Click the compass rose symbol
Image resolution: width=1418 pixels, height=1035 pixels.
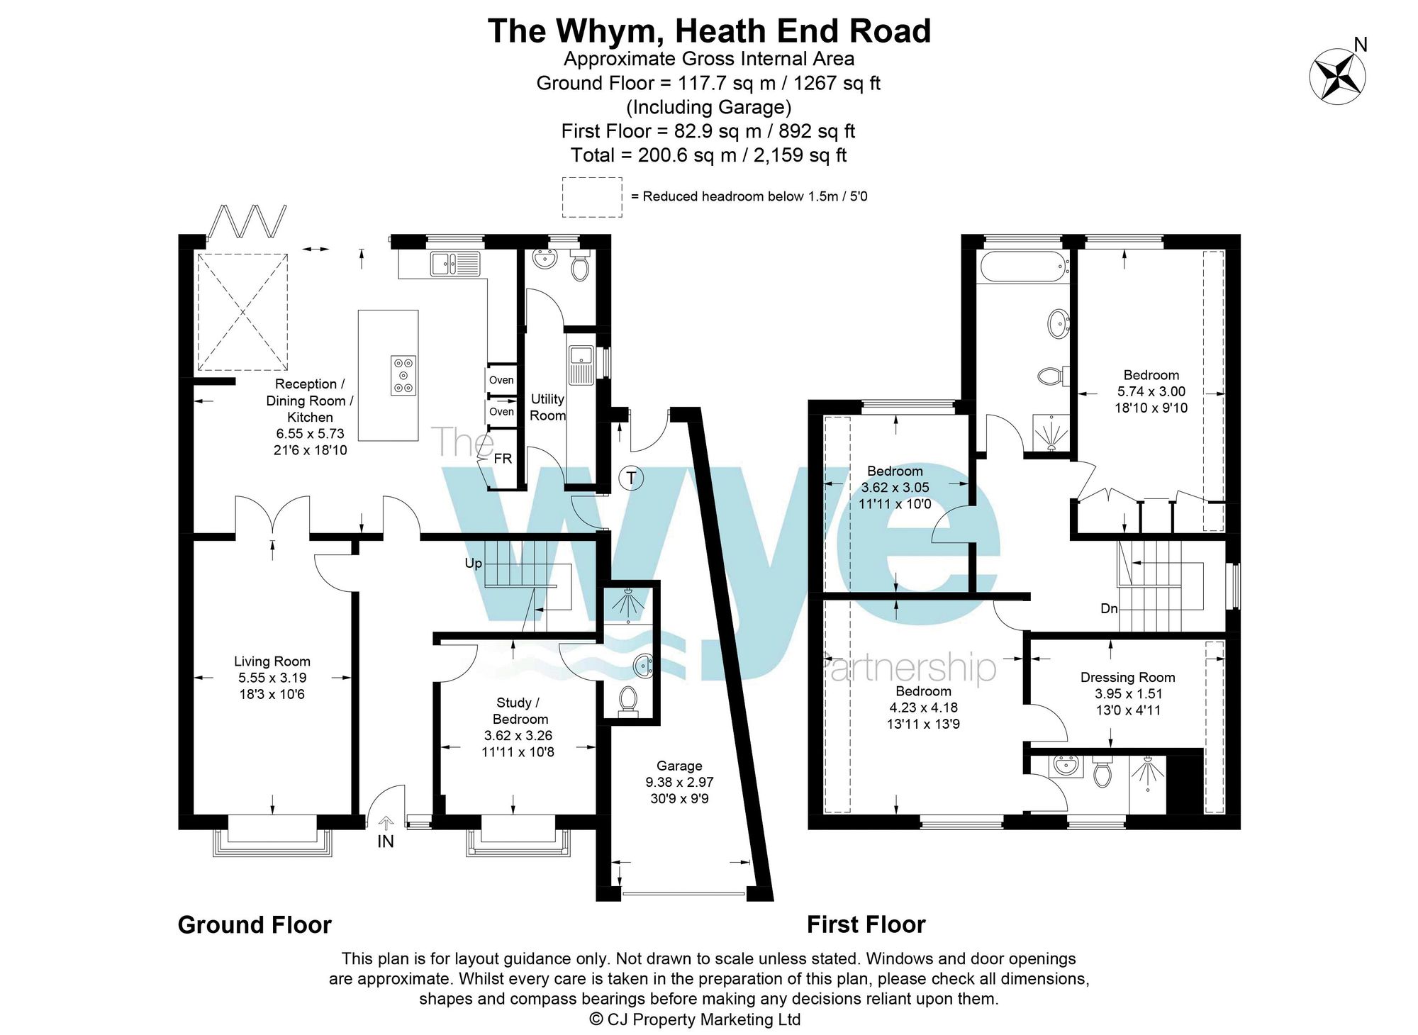point(1337,76)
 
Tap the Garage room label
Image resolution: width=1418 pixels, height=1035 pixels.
point(679,766)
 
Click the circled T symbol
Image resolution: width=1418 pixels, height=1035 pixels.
point(631,478)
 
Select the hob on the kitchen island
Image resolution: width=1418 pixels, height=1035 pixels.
point(403,375)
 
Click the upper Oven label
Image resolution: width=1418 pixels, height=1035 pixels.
point(501,380)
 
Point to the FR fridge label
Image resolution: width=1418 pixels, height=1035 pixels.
point(503,459)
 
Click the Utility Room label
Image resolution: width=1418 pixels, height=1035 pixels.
point(547,408)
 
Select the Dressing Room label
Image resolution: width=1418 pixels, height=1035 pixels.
point(1127,677)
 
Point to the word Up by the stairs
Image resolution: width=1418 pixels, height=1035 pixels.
point(473,563)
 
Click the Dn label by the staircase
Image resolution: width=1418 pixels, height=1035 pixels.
point(1109,608)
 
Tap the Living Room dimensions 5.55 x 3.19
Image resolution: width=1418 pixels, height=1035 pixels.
point(272,678)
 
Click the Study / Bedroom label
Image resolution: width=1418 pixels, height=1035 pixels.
point(518,710)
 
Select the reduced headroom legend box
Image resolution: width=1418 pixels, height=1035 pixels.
point(592,197)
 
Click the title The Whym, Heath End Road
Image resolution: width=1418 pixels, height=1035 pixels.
point(709,31)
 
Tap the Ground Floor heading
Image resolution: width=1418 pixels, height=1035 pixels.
point(255,924)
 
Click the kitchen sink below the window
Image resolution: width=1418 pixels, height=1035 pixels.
point(454,264)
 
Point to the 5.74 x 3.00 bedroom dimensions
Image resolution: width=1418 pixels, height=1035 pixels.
point(1151,391)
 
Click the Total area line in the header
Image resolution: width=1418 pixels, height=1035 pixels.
point(709,155)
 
